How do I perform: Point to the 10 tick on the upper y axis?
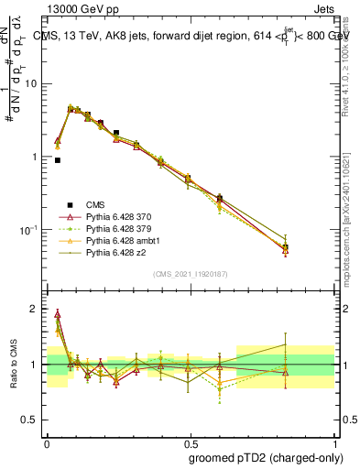click(34, 84)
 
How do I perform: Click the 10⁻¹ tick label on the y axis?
click(32, 229)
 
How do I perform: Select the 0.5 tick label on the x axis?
click(189, 439)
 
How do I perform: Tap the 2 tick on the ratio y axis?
click(38, 310)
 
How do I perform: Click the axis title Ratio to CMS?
click(13, 364)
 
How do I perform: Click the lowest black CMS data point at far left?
click(58, 160)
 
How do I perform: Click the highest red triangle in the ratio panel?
click(58, 313)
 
